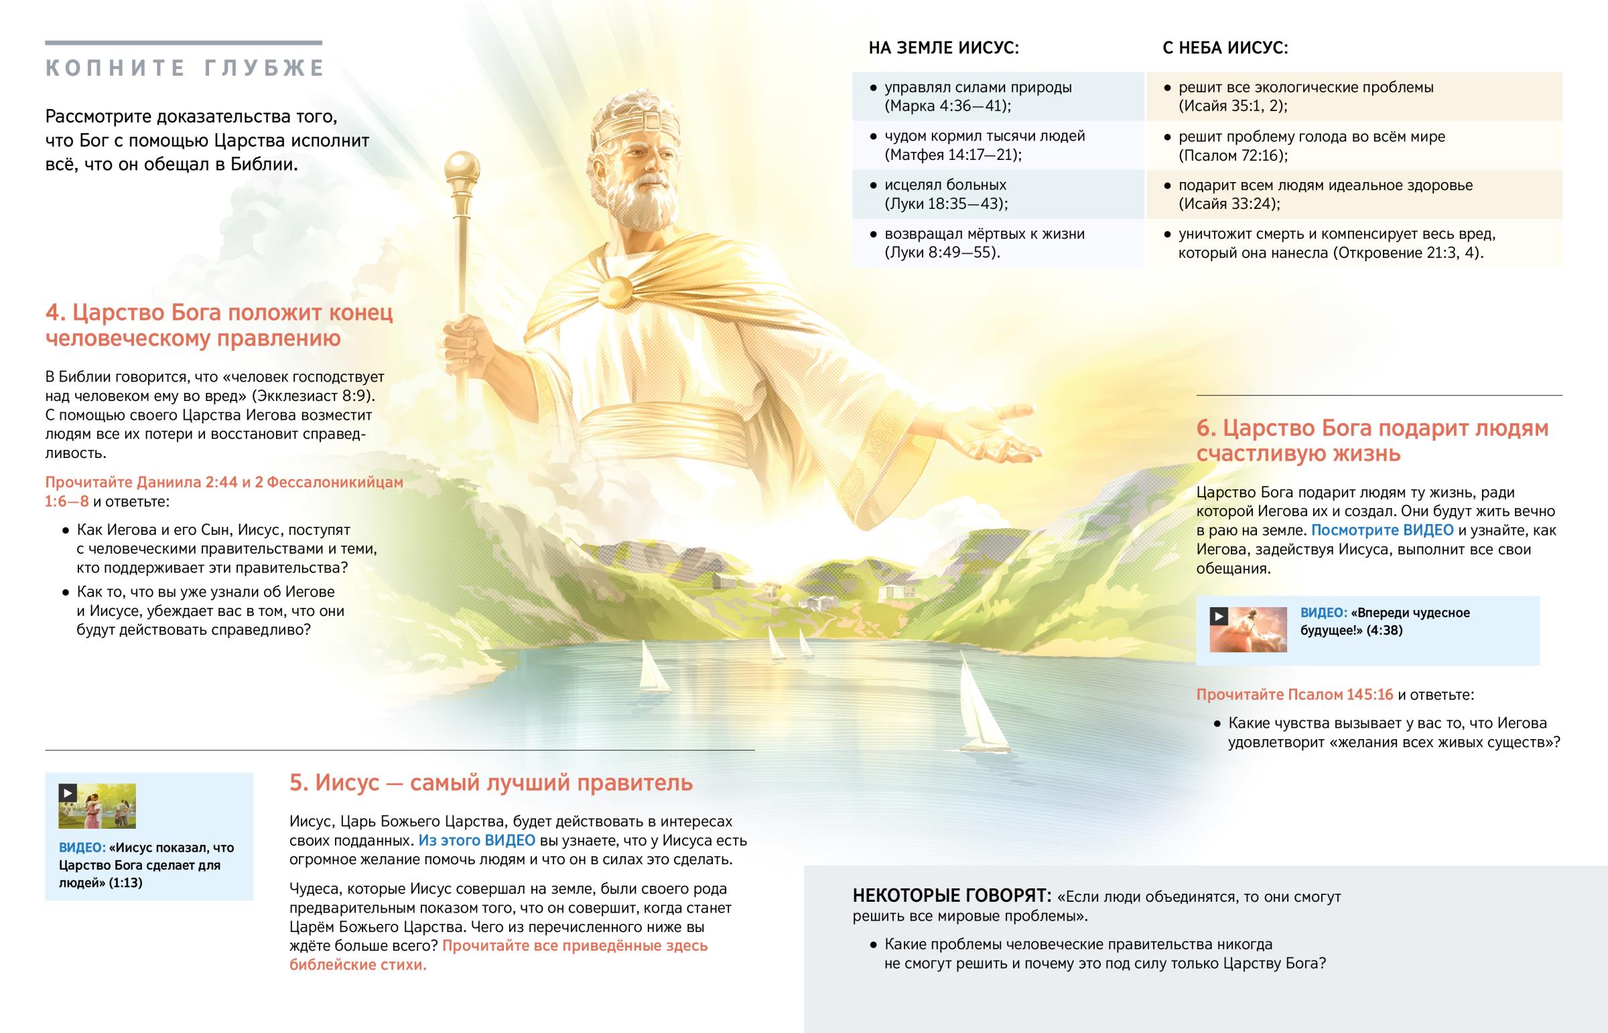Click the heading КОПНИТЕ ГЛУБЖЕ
pyautogui.click(x=184, y=68)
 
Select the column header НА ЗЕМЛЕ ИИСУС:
pyautogui.click(x=943, y=48)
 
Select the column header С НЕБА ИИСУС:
pyautogui.click(x=1225, y=48)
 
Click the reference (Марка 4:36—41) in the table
pyautogui.click(x=947, y=106)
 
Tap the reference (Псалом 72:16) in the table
pyautogui.click(x=1233, y=155)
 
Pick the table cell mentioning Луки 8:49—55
pyautogui.click(x=998, y=243)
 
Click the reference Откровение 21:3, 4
pyautogui.click(x=1406, y=253)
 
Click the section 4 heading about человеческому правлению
pyautogui.click(x=219, y=325)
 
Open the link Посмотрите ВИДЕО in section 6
pyautogui.click(x=1382, y=531)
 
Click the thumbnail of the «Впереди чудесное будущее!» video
pyautogui.click(x=1248, y=629)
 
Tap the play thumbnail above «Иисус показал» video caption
pyautogui.click(x=97, y=805)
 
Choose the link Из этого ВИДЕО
pyautogui.click(x=476, y=840)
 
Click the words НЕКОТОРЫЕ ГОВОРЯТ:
pyautogui.click(x=951, y=896)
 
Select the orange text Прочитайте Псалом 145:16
pyautogui.click(x=1294, y=695)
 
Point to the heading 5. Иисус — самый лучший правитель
pyautogui.click(x=490, y=783)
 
